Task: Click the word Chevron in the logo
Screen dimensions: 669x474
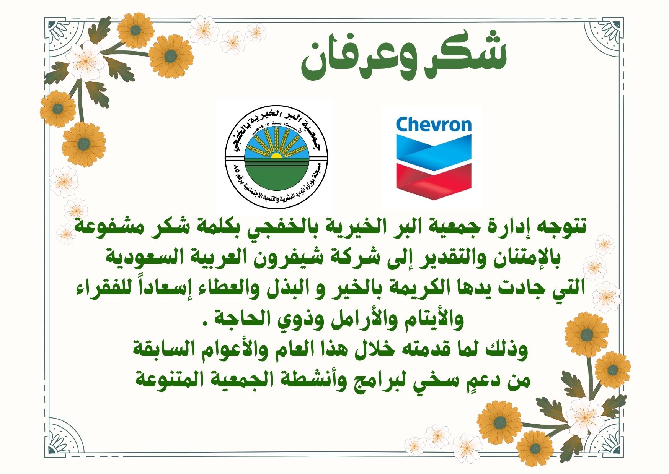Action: [434, 125]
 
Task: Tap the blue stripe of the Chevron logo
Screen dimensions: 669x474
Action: [434, 151]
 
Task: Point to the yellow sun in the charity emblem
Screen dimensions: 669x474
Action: [276, 155]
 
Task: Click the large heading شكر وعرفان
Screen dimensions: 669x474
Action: [404, 57]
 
